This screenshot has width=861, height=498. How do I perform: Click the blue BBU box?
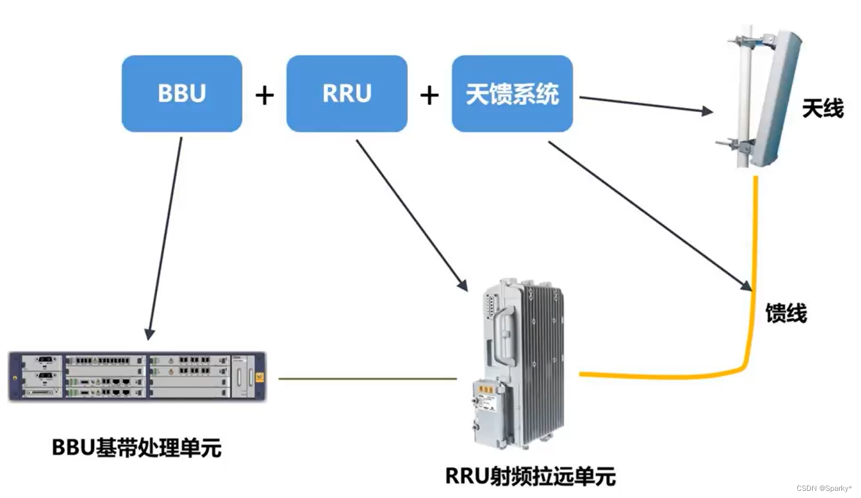pos(182,93)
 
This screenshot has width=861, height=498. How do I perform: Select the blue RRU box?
pos(347,93)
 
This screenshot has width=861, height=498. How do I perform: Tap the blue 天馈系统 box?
pos(512,94)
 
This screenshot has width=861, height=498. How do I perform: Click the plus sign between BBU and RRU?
pos(265,95)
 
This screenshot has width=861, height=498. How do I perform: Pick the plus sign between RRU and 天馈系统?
pos(429,95)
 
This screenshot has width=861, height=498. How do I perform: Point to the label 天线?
pos(822,109)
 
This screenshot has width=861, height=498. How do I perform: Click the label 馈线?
pos(785,313)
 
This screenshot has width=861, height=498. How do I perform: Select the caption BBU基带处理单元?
pos(137,447)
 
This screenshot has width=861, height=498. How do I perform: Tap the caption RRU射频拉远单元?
pos(530,476)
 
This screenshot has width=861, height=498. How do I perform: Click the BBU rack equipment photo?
pos(137,377)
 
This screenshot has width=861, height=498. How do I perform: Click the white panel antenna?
pos(776,98)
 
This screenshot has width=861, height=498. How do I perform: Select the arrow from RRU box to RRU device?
pos(410,214)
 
